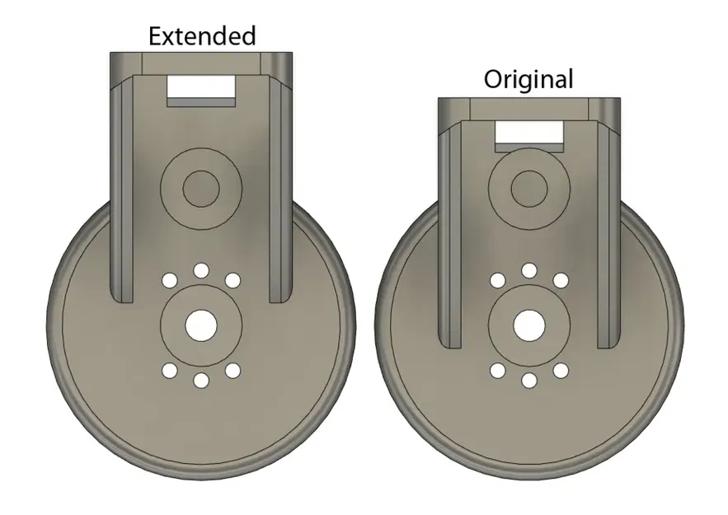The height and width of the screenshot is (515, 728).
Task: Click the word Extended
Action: click(x=201, y=36)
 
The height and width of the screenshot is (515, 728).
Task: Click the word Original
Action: click(x=528, y=80)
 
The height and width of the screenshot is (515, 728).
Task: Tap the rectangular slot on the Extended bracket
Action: click(x=201, y=87)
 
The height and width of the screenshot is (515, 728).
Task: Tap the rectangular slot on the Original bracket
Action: click(x=528, y=131)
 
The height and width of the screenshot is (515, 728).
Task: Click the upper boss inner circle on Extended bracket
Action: click(x=201, y=190)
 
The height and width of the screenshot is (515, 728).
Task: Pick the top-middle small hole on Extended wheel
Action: click(x=201, y=271)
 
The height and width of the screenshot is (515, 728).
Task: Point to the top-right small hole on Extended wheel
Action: click(x=233, y=281)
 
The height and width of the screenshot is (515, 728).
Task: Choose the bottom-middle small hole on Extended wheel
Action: click(x=201, y=380)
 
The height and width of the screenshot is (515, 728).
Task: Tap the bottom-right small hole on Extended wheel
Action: click(x=233, y=371)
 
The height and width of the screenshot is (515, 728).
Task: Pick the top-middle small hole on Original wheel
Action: click(x=528, y=271)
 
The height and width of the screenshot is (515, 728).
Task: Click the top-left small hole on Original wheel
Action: click(x=497, y=281)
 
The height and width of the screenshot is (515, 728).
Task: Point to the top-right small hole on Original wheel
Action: click(x=561, y=281)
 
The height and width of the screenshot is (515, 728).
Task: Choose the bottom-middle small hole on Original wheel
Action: click(x=528, y=380)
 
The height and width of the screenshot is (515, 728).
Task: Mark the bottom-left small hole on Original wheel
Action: click(x=497, y=371)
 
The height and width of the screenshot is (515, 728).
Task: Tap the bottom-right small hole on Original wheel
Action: click(x=561, y=371)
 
